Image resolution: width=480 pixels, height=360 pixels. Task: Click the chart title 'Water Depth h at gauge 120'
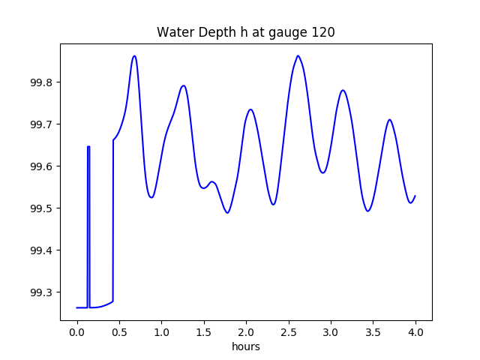click(x=245, y=32)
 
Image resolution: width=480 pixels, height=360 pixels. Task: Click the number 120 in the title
click(x=323, y=32)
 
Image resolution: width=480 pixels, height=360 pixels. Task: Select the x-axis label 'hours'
click(x=245, y=346)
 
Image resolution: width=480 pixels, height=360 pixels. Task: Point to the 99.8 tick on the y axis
click(x=42, y=82)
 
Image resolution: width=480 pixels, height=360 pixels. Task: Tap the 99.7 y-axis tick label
click(x=42, y=124)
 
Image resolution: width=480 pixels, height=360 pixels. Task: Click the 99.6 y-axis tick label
click(x=42, y=166)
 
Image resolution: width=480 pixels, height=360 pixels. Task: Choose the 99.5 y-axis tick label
click(x=42, y=208)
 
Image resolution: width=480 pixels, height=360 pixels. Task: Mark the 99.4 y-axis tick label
click(x=42, y=250)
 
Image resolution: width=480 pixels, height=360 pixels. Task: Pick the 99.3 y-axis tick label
click(x=42, y=292)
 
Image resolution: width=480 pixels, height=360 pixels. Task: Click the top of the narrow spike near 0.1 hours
click(x=88, y=147)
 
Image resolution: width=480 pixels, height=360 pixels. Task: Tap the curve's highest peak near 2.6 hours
click(x=298, y=55)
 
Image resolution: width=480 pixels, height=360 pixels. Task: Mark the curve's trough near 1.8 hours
click(x=227, y=213)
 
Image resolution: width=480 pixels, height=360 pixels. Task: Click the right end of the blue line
click(x=415, y=196)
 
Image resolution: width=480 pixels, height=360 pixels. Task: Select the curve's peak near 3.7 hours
click(x=389, y=119)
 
